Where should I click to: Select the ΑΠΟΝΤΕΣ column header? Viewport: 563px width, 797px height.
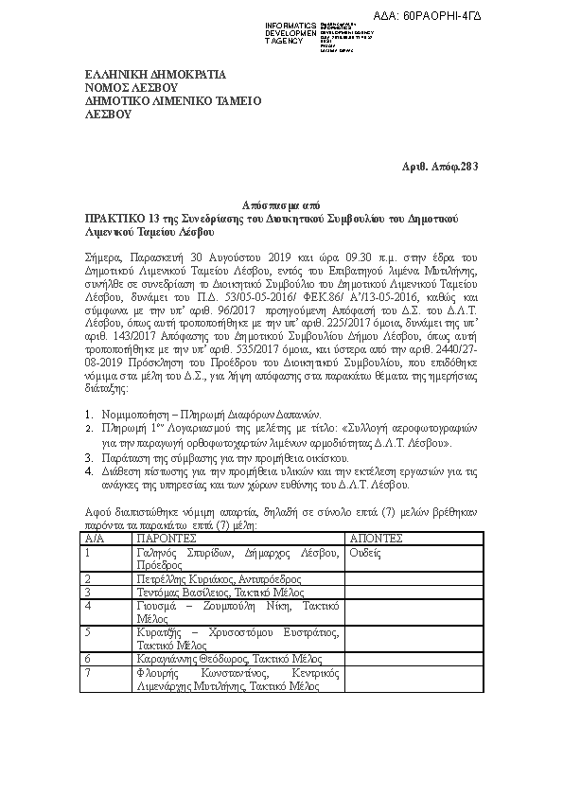coord(377,538)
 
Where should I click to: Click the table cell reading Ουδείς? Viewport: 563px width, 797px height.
coord(366,551)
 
